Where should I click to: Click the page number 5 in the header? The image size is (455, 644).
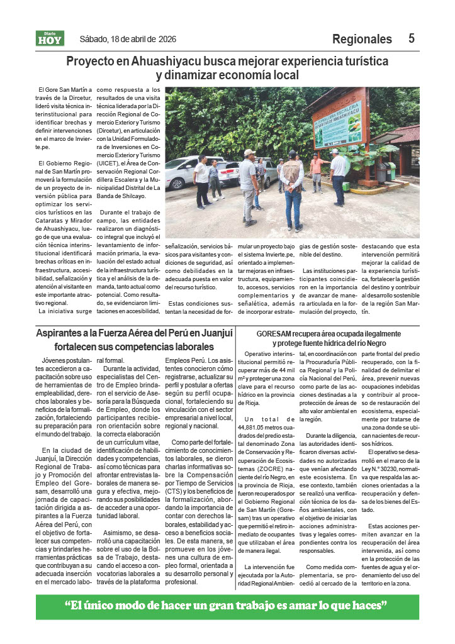pyautogui.click(x=412, y=38)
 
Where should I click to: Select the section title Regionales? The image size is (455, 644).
pyautogui.click(x=362, y=39)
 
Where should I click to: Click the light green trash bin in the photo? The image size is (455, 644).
pyautogui.click(x=390, y=172)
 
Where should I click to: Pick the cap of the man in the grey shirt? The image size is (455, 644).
pyautogui.click(x=250, y=152)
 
